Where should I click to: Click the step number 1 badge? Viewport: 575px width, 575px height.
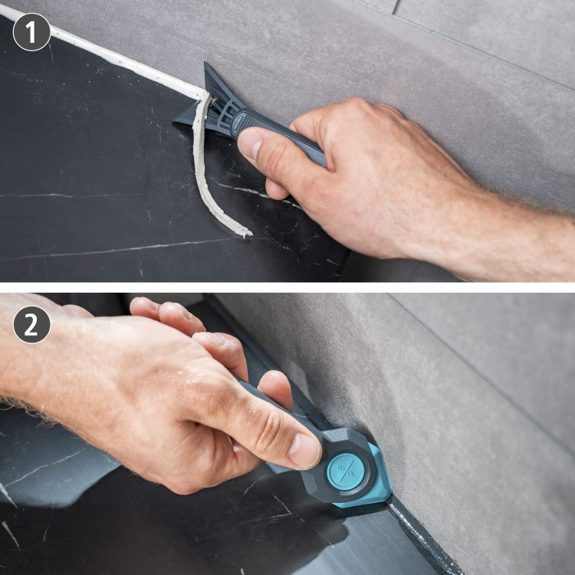[31, 32]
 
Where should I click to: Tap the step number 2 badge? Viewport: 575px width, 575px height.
[31, 324]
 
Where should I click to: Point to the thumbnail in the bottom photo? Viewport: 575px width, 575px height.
[304, 450]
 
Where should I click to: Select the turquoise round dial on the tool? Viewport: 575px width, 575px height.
[346, 472]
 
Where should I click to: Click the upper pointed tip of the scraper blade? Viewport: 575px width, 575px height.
[205, 64]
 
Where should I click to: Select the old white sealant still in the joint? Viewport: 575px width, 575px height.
[103, 51]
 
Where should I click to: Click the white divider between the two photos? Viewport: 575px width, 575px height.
[287, 287]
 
